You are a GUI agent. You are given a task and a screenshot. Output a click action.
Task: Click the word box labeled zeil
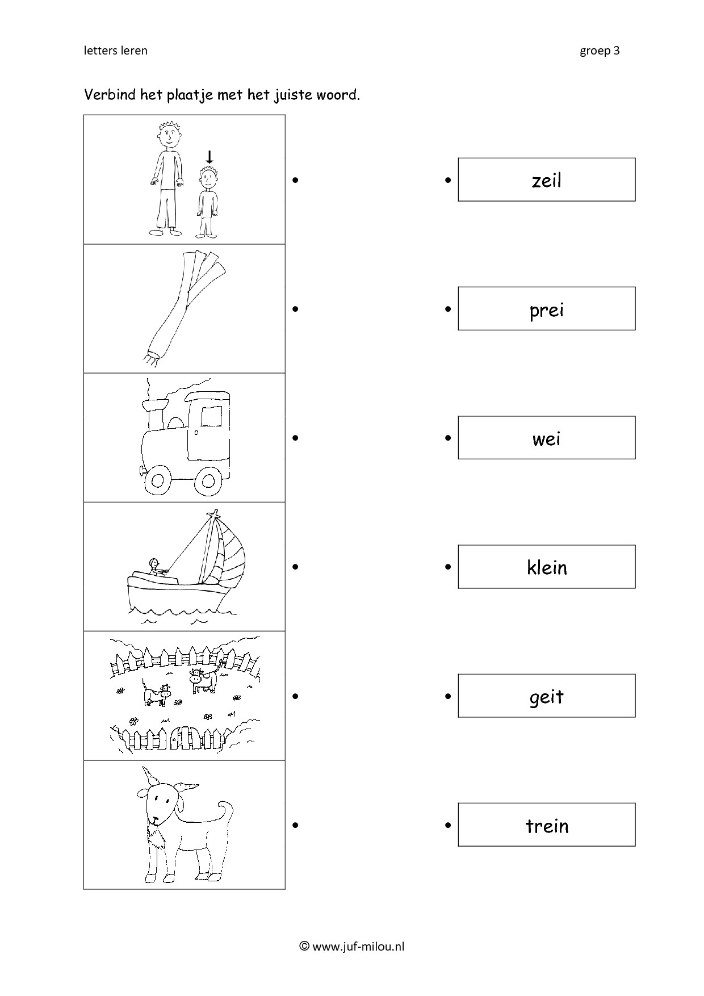coord(546,179)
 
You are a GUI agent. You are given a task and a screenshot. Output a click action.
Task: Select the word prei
coord(546,310)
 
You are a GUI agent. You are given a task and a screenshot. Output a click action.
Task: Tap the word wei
coord(546,438)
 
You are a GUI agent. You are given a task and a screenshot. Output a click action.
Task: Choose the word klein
coord(547,567)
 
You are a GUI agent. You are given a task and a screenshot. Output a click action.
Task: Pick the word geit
coord(546,697)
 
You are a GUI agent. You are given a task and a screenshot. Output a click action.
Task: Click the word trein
coord(547,825)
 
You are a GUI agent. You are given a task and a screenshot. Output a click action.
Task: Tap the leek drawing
coord(181,306)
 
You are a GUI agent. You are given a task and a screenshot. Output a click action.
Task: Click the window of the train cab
coord(212,416)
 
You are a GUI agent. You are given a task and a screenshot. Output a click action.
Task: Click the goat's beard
coord(154,836)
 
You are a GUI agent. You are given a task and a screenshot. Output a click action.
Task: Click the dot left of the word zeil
coord(448,180)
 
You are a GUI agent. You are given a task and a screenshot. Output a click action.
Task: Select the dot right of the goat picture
coord(295,825)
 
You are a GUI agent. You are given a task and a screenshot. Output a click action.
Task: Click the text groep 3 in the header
coord(600,51)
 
